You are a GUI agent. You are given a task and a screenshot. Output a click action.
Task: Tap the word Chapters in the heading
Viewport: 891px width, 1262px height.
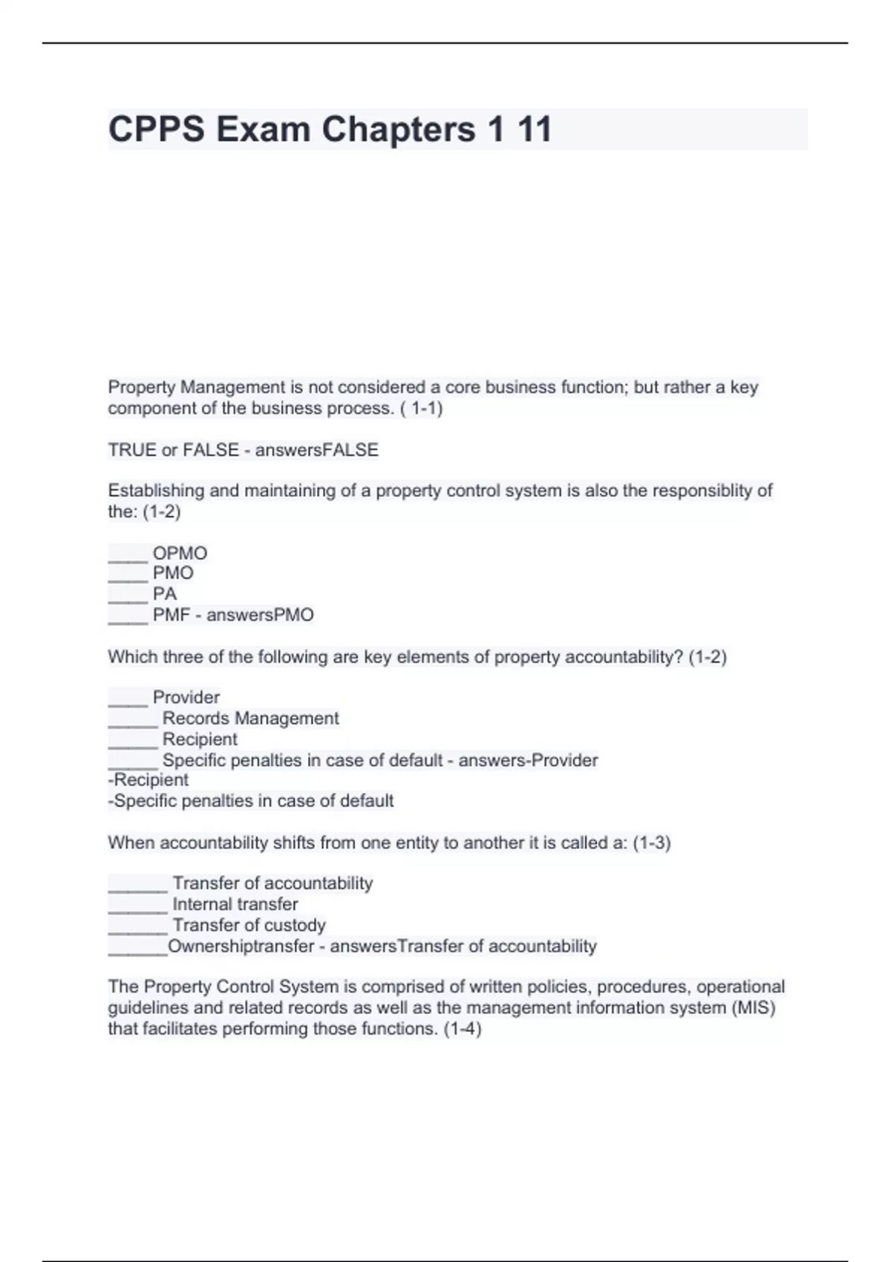click(398, 130)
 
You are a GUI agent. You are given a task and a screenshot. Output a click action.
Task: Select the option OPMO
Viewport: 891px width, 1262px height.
click(180, 553)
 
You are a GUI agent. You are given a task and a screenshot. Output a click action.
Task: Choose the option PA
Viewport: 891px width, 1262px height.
click(165, 594)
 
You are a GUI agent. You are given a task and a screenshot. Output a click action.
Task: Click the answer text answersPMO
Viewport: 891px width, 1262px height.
click(260, 615)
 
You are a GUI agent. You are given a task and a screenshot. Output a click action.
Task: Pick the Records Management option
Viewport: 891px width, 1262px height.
click(250, 718)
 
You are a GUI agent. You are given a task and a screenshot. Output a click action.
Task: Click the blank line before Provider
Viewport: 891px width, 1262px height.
click(128, 699)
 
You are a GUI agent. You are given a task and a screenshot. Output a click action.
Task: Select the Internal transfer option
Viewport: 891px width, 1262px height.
click(235, 904)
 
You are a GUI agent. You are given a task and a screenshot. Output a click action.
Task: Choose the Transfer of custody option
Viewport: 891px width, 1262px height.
click(249, 925)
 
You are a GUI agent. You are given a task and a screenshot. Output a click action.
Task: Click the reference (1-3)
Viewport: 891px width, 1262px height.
click(651, 843)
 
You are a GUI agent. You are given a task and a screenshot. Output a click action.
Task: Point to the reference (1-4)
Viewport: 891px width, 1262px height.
click(462, 1029)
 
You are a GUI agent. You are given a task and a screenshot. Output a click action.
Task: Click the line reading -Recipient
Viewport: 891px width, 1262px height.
click(148, 779)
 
